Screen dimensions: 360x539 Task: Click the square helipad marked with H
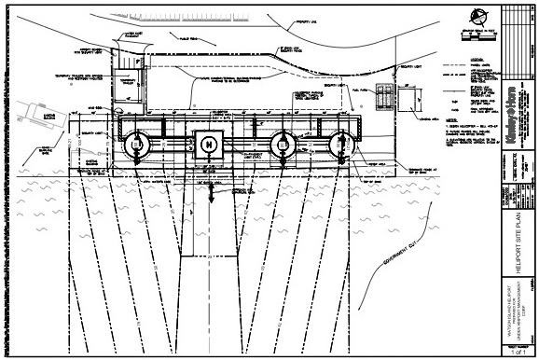pyautogui.click(x=209, y=144)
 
